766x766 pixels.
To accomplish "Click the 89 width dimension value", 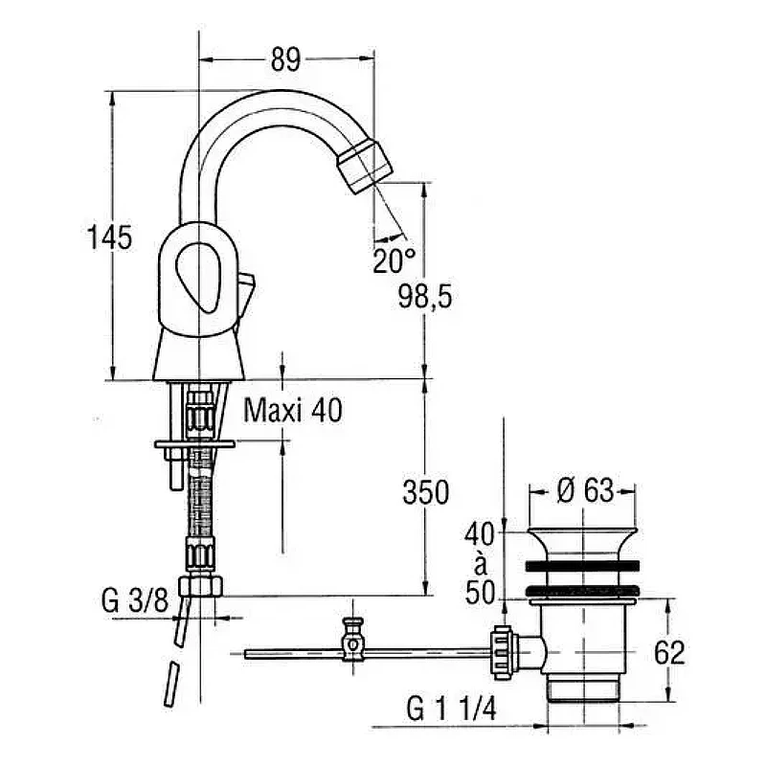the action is click(285, 59).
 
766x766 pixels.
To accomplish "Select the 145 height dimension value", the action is click(109, 237).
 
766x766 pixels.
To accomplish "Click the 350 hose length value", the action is click(425, 492).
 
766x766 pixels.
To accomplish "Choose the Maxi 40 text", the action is click(293, 410).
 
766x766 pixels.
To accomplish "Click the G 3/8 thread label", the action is click(135, 600).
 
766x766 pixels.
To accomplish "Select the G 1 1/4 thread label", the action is click(451, 709).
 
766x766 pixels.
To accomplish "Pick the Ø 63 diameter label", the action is click(585, 490).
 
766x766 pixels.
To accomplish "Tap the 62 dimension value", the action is click(669, 652).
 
